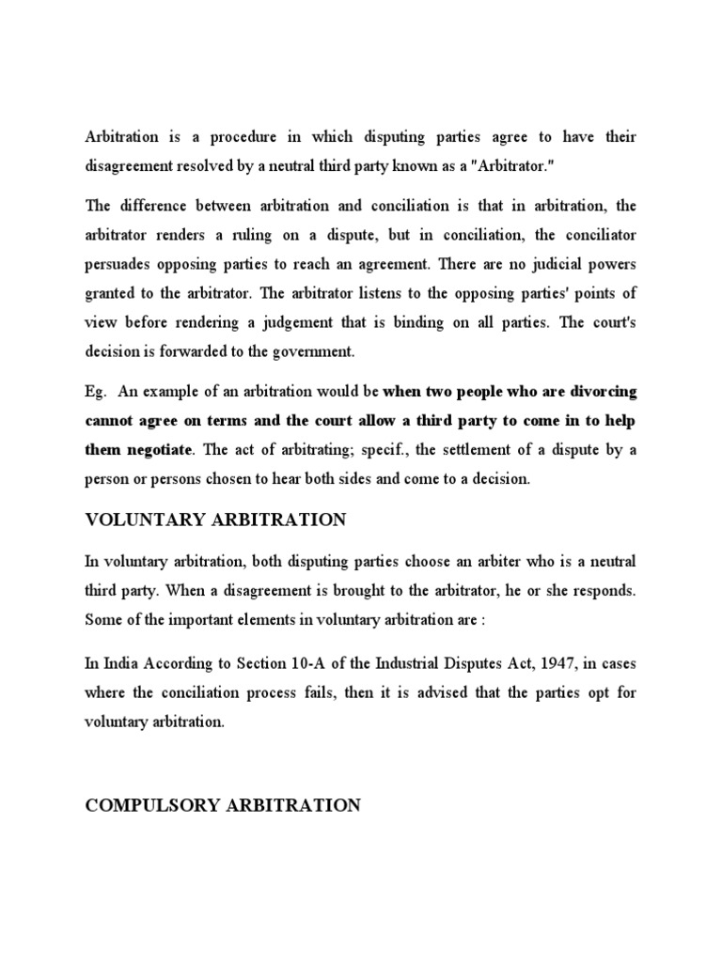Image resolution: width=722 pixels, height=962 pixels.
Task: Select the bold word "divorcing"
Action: (x=604, y=390)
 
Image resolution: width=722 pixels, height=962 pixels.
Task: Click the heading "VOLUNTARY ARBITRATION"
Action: (x=215, y=520)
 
